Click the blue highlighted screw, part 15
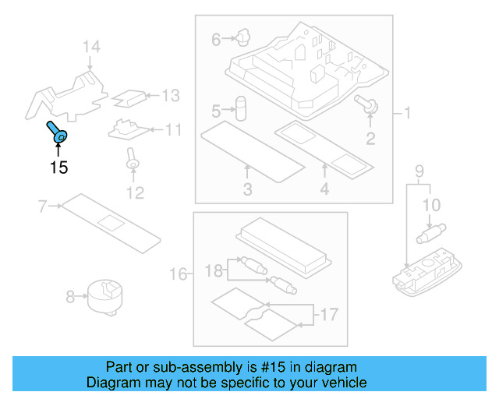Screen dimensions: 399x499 [57, 133]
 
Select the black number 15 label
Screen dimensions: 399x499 [58, 167]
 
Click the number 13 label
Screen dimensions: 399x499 [170, 96]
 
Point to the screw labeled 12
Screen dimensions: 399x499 [133, 161]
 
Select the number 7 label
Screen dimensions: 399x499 [43, 207]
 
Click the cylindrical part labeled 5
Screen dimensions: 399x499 [242, 107]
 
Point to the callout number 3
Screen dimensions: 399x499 [247, 189]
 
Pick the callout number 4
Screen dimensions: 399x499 [324, 189]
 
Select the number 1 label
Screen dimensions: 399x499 [406, 113]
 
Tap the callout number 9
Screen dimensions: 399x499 [419, 171]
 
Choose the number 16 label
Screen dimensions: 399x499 [179, 274]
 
